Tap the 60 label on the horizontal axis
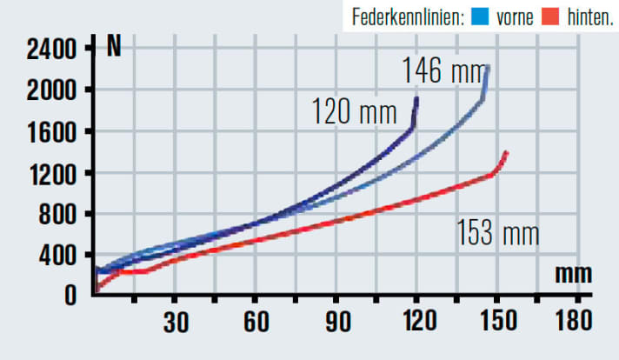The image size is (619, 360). [x=256, y=321]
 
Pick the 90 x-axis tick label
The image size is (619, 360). [x=337, y=321]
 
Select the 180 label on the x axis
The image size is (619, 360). [x=575, y=321]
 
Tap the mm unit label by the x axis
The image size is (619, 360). [x=574, y=274]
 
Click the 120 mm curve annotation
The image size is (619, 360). [x=354, y=112]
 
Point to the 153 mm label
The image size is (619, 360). [x=498, y=233]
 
